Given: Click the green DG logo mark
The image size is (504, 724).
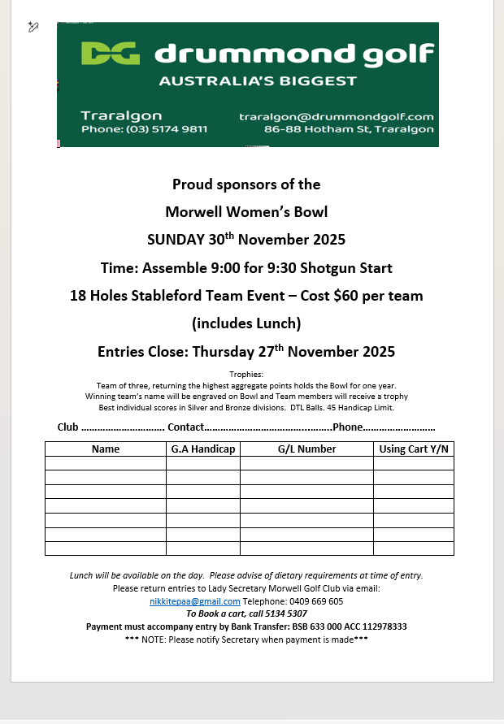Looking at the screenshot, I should coord(111,54).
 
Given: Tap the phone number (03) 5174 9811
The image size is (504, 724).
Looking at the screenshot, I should coord(167,129).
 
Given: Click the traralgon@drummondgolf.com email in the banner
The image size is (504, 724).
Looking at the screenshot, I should coord(336,116).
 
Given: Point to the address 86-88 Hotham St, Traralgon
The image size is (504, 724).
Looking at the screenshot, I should coord(349,129).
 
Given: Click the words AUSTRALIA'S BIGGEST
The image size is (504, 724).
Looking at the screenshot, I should coord(258,81).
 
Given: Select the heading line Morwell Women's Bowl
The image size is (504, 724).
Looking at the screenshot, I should coord(246,212).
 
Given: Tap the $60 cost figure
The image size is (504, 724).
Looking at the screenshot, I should coord(347,296).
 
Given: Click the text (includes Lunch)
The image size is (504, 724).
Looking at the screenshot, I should coord(246,323).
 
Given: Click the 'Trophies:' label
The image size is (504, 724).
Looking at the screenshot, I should coord(246,374).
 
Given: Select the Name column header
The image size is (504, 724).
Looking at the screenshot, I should coord(106,449).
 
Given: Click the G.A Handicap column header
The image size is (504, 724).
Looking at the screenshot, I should coord(203,449).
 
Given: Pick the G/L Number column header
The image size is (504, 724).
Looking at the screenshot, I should coord(306,449).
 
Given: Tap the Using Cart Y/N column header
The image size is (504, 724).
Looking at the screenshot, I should coord(414,449).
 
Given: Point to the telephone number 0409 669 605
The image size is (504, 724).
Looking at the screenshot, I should coord(315,601).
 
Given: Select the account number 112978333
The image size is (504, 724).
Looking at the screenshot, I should coord(376,626).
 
